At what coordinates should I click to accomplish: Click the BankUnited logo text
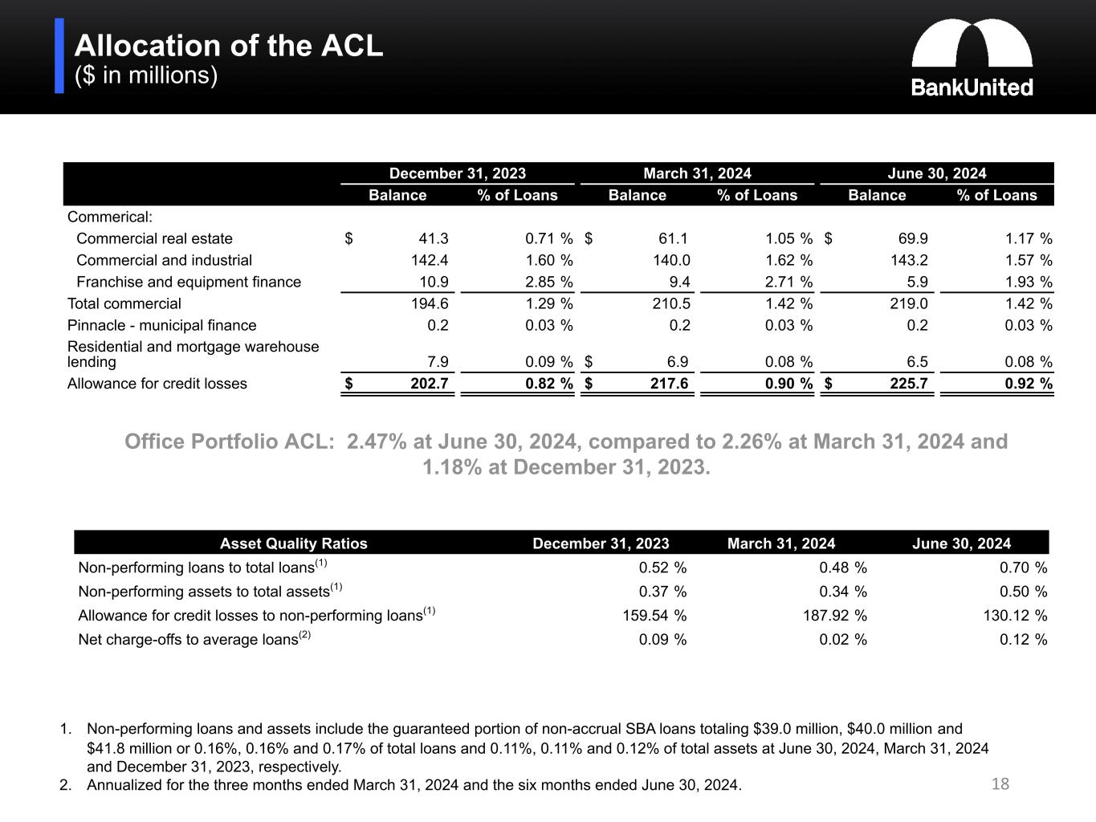coord(972,87)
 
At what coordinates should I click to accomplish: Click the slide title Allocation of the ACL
coord(229,46)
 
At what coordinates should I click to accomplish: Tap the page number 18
coord(1000,783)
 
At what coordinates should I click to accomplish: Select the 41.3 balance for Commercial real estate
coord(434,238)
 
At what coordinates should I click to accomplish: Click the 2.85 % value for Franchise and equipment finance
coord(548,282)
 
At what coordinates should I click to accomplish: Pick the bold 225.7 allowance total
coord(909,383)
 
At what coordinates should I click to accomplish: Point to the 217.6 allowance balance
coord(669,383)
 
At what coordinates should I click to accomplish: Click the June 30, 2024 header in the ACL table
coord(937,173)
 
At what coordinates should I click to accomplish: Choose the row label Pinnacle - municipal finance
coord(161,325)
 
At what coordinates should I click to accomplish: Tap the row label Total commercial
coord(124,303)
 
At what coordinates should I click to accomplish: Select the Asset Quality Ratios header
coord(294,543)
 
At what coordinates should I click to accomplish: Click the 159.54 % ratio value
coord(654,616)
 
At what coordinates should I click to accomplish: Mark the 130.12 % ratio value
coord(1015,616)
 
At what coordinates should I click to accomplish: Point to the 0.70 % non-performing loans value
coord(1023,568)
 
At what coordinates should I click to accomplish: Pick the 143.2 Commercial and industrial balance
coord(909,260)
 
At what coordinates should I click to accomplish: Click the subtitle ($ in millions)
coord(146,75)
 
